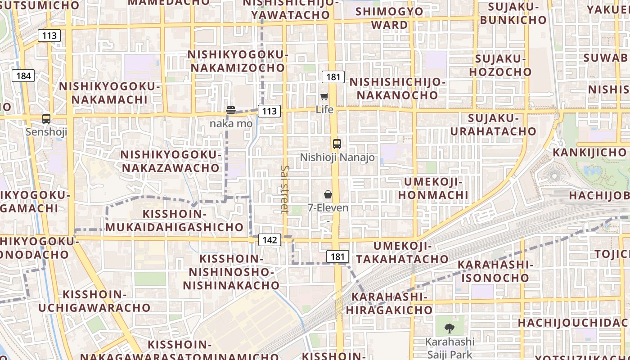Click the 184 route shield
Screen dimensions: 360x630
click(x=23, y=76)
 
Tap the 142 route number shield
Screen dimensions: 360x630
click(x=270, y=240)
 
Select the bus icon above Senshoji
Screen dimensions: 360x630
click(x=46, y=119)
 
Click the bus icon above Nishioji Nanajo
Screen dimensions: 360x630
click(x=337, y=144)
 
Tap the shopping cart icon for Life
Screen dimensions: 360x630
click(x=324, y=96)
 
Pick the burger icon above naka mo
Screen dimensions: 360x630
click(x=231, y=110)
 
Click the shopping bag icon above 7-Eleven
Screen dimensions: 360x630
click(x=328, y=194)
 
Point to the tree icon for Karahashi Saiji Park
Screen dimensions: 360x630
click(x=449, y=328)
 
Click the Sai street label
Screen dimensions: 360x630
click(x=284, y=189)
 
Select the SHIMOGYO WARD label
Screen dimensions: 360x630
click(x=389, y=18)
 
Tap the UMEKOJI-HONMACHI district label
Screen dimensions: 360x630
click(x=433, y=188)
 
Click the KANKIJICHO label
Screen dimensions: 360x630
click(x=589, y=152)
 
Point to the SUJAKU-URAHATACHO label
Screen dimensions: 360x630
click(x=493, y=125)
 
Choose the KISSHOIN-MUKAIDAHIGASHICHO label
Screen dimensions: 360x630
click(x=175, y=220)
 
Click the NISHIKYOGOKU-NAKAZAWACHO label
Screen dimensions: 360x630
click(x=171, y=161)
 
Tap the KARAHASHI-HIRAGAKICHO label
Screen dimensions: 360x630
click(x=389, y=303)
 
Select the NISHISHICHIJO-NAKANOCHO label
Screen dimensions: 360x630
click(x=397, y=89)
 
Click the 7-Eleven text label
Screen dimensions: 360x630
click(x=328, y=207)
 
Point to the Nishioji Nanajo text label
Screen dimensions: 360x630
click(x=337, y=157)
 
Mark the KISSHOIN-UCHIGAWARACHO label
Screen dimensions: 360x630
click(x=94, y=301)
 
